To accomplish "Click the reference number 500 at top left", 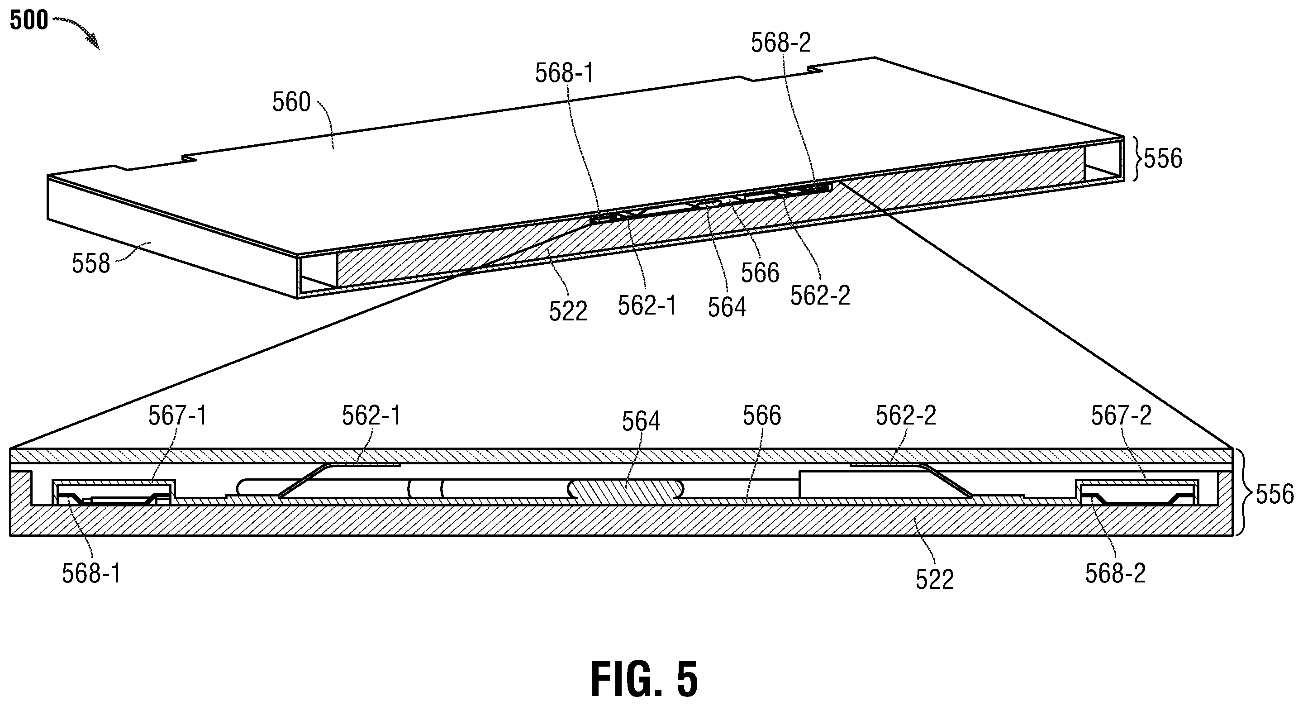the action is (x=29, y=21).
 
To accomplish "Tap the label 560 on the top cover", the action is (x=291, y=102).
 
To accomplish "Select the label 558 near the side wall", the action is (x=91, y=264).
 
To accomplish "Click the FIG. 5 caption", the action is (x=644, y=679).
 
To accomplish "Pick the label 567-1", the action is (x=177, y=416).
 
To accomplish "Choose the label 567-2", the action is (x=1121, y=415).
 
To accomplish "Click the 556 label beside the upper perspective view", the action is (x=1163, y=159).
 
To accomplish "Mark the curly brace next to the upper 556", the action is (x=1135, y=158).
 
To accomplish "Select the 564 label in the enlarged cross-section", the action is (x=641, y=421).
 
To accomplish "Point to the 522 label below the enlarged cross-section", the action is (x=934, y=579).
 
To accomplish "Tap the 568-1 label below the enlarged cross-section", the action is (x=92, y=573).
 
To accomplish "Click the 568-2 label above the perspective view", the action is (x=780, y=43).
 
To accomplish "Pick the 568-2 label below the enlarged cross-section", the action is (x=1115, y=573).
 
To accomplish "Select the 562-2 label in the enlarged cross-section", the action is (x=906, y=415).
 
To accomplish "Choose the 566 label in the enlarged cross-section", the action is (x=762, y=415).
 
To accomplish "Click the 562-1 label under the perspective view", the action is (x=647, y=305).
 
